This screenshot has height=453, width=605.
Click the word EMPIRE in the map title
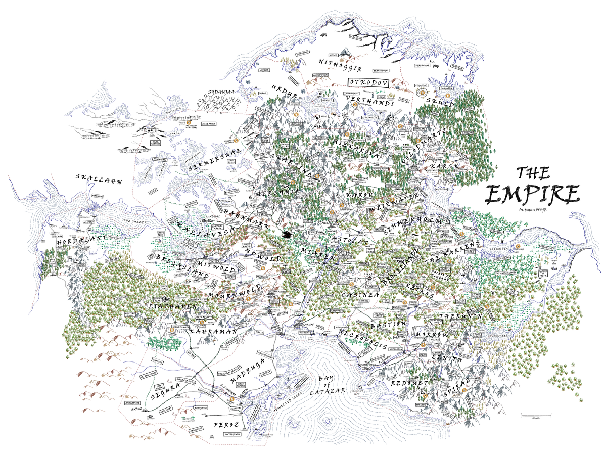coord(532,195)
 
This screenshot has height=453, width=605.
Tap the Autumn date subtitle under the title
coord(533,210)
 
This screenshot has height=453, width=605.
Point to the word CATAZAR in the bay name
coord(327,391)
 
